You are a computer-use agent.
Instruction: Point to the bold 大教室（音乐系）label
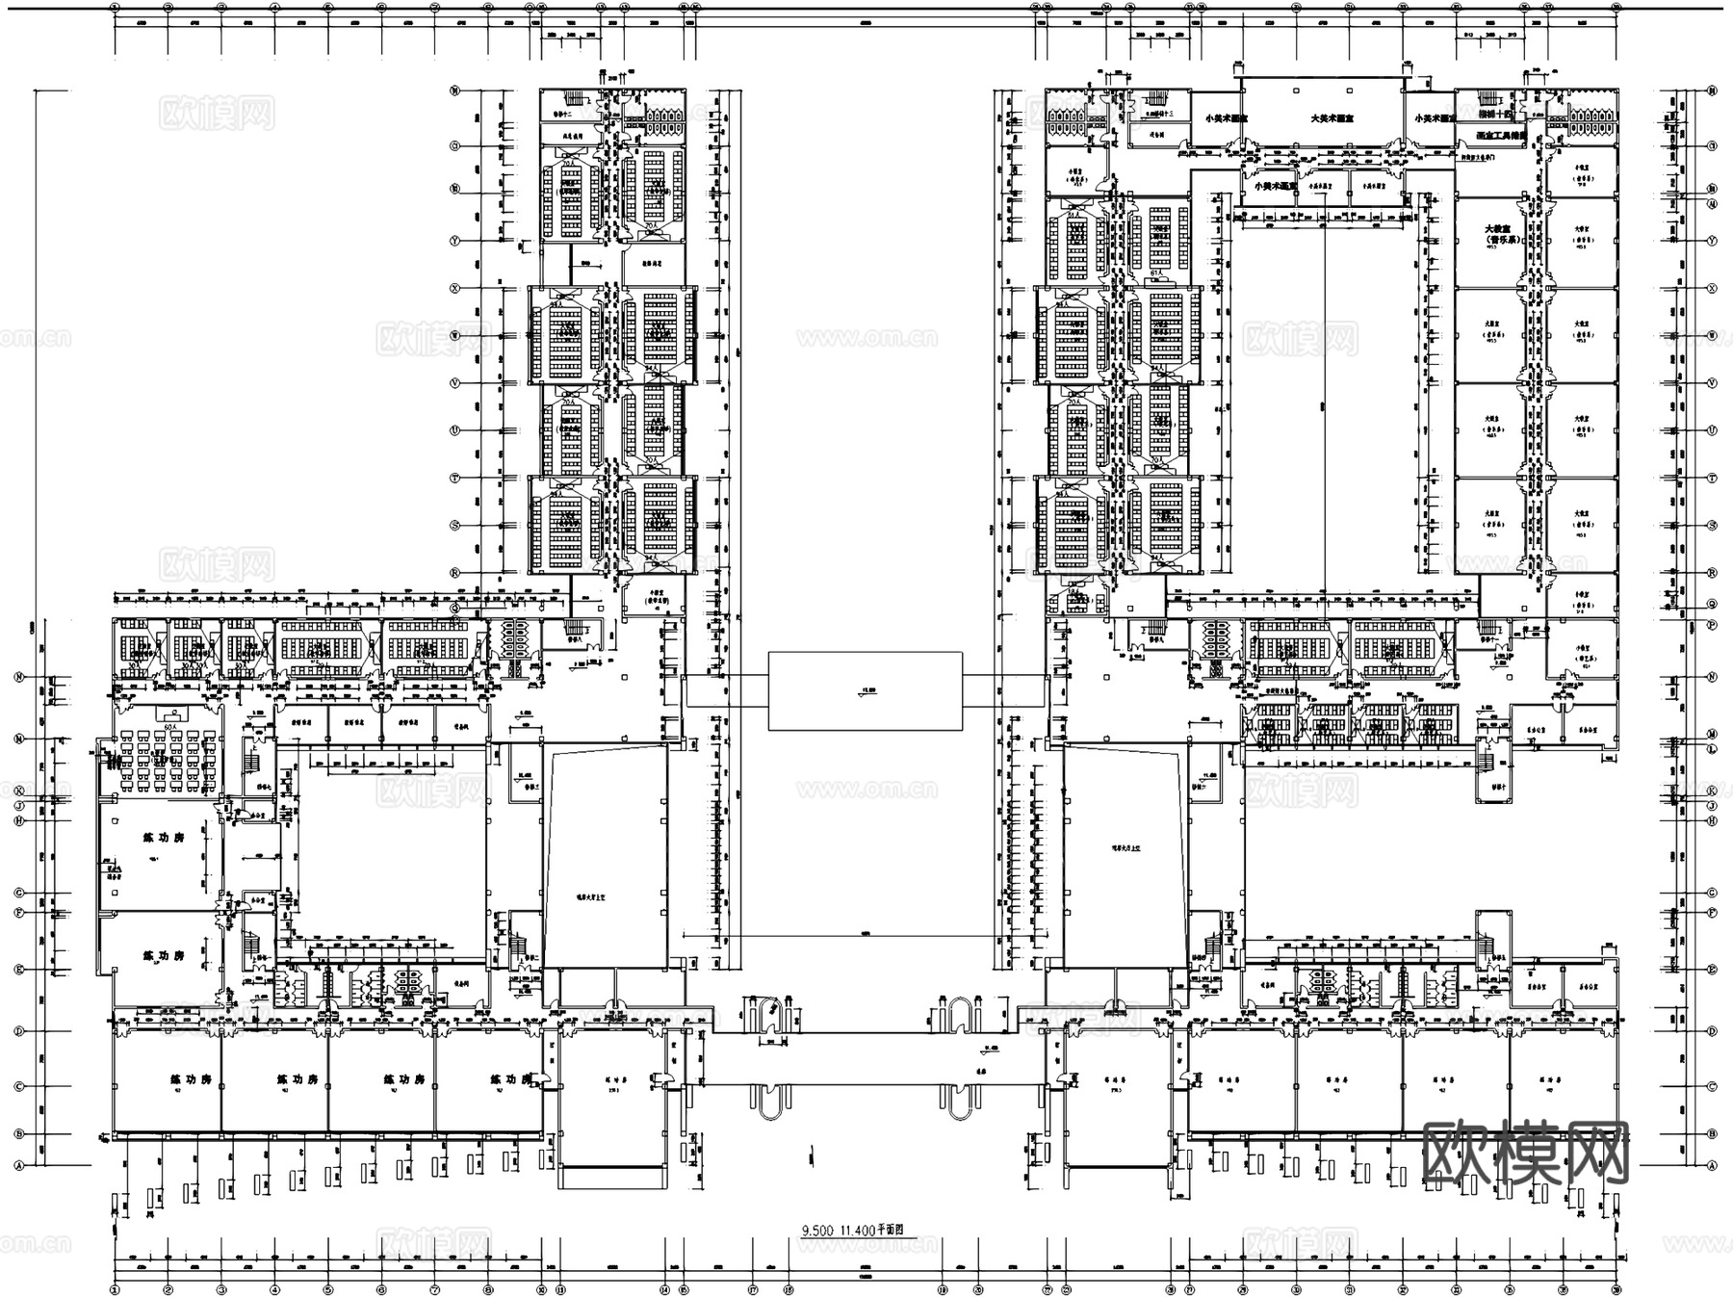coord(1498,234)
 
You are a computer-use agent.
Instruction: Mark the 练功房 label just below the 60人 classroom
coord(164,838)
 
